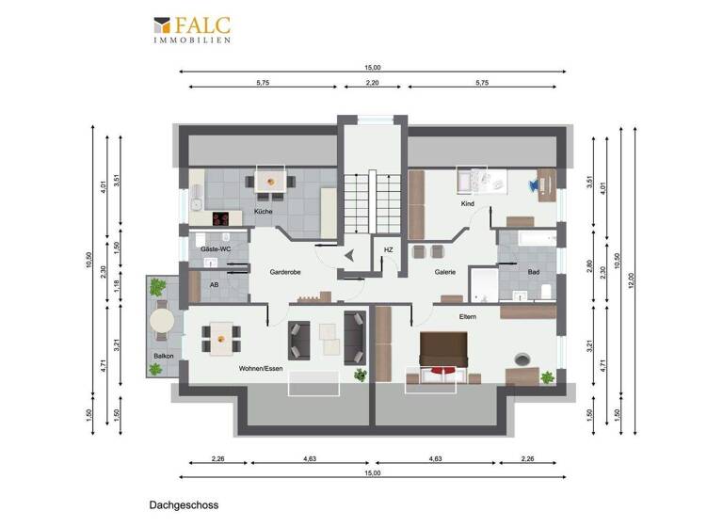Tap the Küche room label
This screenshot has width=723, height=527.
coord(264,212)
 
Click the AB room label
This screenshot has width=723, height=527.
coord(214,284)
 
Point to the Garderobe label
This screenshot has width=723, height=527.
coord(284,271)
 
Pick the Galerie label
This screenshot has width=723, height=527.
coord(444,271)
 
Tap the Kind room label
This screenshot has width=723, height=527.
coord(467,204)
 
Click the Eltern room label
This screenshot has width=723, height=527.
coord(468,316)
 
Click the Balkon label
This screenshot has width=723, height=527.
coord(163,355)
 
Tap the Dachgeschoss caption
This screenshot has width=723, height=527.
coord(183,505)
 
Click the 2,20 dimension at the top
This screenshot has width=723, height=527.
coord(373,83)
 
